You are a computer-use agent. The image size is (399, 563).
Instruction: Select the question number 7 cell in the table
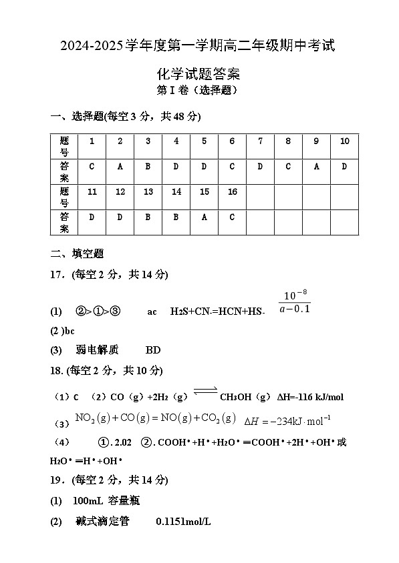tap(260, 141)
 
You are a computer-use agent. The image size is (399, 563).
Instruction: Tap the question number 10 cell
tap(344, 141)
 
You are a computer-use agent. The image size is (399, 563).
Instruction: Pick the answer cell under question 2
tap(120, 167)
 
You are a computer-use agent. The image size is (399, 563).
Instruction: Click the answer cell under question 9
tap(316, 167)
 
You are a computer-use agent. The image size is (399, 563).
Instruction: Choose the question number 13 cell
tap(148, 192)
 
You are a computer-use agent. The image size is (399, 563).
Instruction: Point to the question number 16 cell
tap(232, 192)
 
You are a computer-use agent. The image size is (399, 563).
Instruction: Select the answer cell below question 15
tap(204, 217)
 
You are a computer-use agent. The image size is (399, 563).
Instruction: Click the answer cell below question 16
tap(232, 217)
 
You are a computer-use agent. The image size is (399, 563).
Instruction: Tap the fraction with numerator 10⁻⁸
tap(294, 302)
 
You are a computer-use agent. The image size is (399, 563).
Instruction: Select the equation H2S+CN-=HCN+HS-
tap(218, 312)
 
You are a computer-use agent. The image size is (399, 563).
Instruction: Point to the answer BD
tap(152, 350)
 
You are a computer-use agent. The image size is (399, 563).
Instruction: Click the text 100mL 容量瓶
tap(106, 500)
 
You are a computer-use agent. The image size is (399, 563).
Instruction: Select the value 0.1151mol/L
tap(182, 522)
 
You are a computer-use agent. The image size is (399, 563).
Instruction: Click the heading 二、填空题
tap(77, 254)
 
